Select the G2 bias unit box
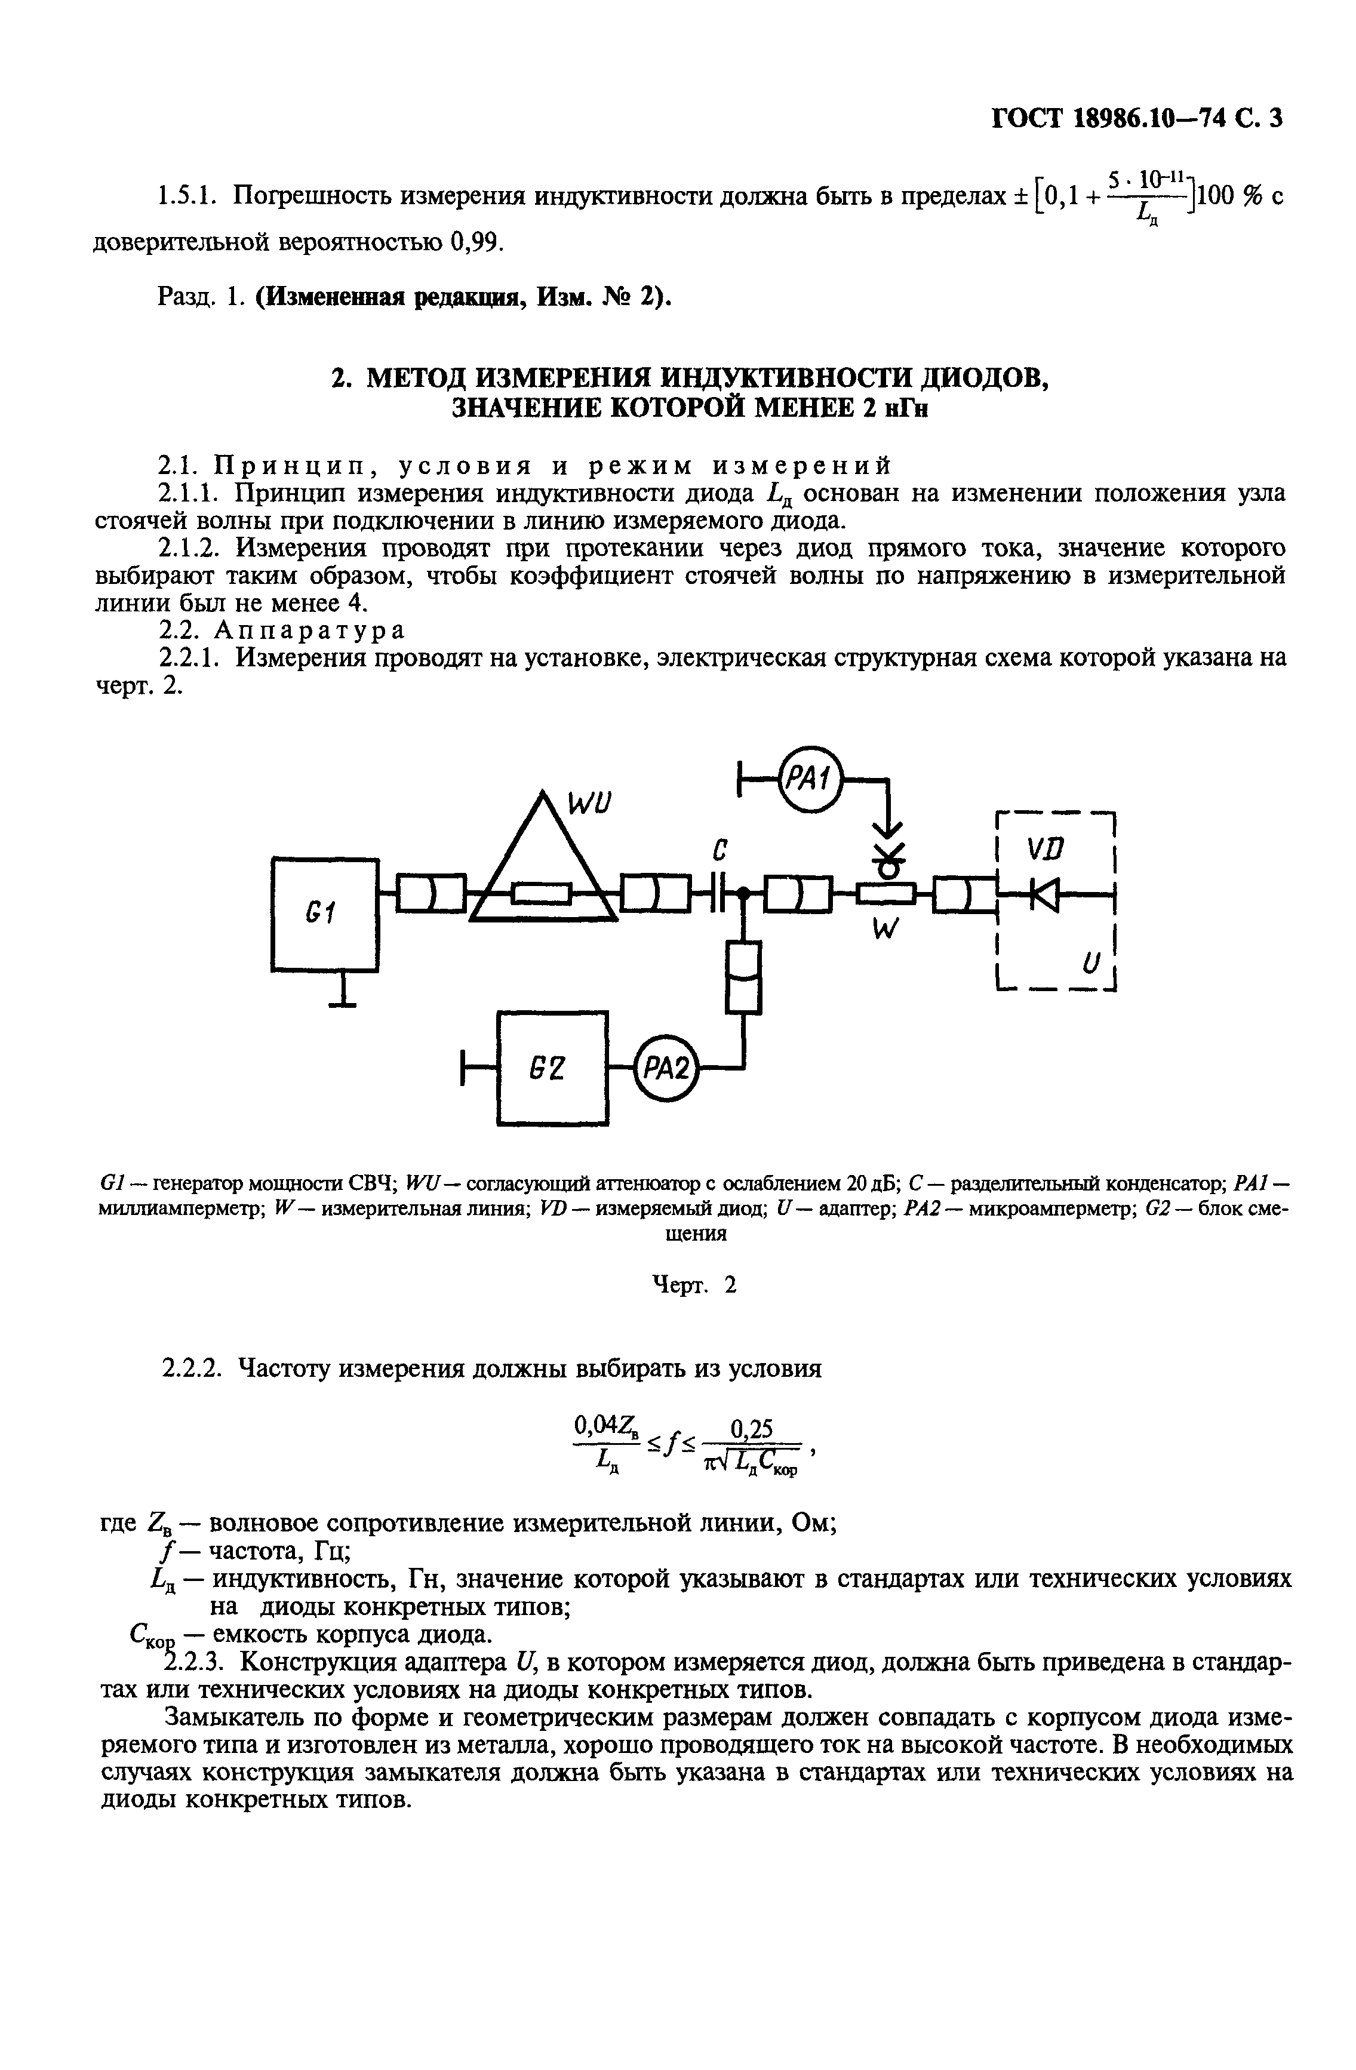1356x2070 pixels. point(552,1067)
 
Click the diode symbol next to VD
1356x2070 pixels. point(1045,893)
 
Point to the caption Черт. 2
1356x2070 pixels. point(694,1285)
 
